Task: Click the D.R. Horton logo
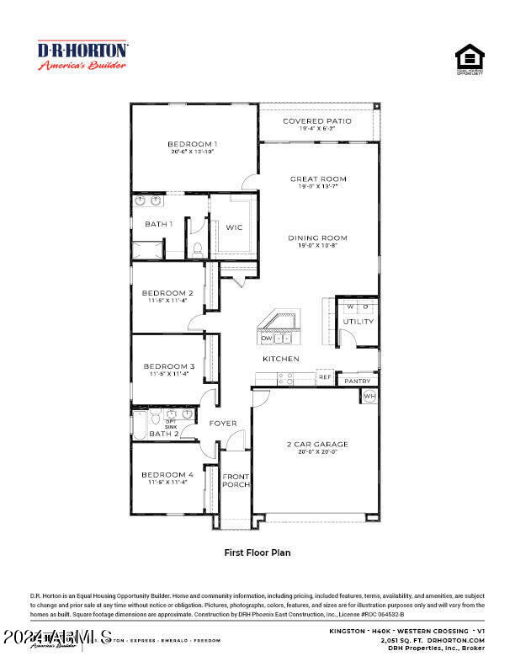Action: (82, 56)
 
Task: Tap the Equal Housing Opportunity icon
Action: (470, 61)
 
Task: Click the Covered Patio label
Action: (316, 121)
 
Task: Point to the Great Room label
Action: (318, 179)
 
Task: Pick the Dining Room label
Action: (317, 237)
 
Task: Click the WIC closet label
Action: (234, 227)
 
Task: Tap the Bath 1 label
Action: (158, 224)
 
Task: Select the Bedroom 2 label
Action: (168, 293)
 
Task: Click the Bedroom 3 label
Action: (169, 366)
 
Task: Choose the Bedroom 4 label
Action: (167, 475)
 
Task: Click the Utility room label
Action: (358, 322)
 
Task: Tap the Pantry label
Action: (357, 382)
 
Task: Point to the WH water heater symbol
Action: (369, 396)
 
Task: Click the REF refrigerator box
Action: (325, 378)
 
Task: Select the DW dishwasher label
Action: (266, 339)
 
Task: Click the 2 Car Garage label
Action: (317, 444)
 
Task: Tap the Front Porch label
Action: (235, 480)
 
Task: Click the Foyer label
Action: (223, 423)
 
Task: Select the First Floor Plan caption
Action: (257, 553)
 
